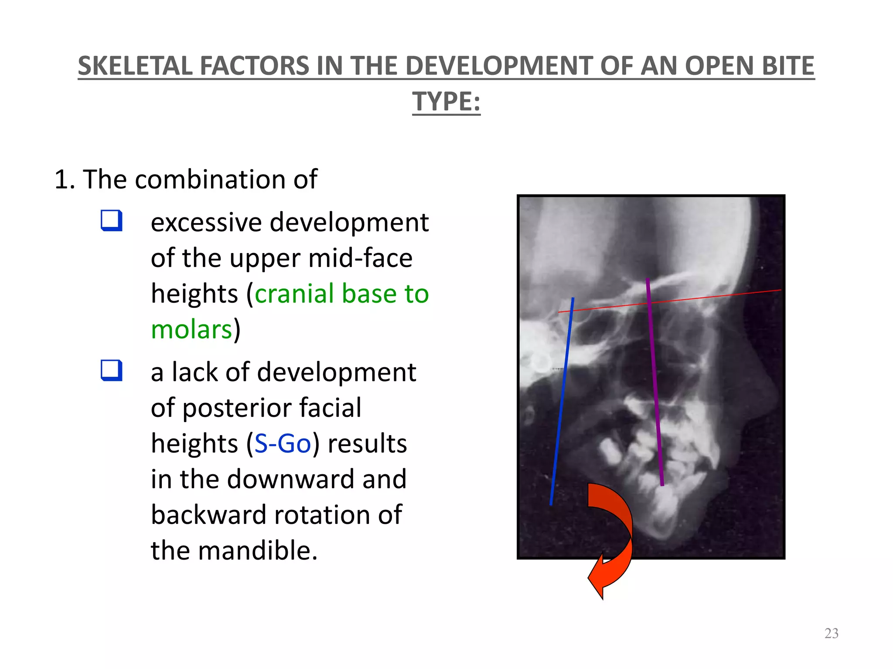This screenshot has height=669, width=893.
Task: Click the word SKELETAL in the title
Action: (135, 66)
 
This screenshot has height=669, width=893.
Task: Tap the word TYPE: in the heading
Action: (446, 102)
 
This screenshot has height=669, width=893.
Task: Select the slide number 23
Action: (831, 633)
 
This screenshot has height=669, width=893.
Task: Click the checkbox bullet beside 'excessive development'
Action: (111, 220)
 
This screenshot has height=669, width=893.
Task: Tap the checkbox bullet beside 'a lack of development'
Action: (111, 370)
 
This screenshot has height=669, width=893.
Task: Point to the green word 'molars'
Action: (191, 329)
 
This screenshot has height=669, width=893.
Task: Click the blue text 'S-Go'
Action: (283, 444)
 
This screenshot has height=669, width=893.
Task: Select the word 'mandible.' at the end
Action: (258, 551)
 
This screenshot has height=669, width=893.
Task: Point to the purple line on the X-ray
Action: (655, 383)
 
